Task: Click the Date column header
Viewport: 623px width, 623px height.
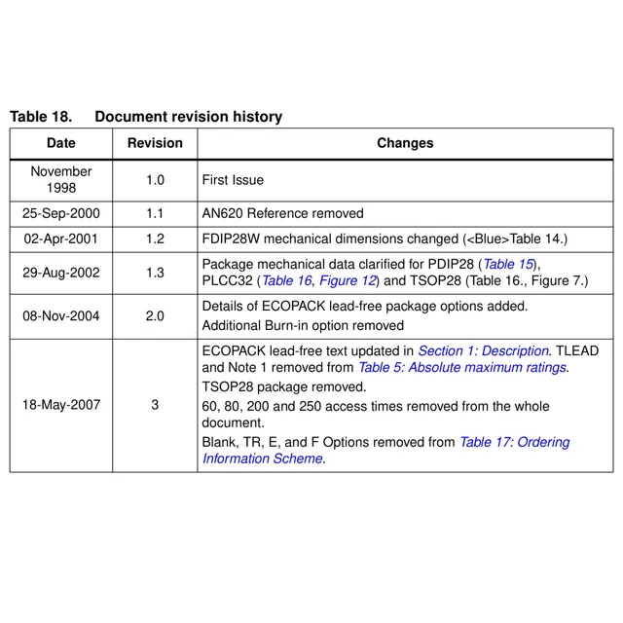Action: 60,143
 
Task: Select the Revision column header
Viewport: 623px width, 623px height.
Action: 155,143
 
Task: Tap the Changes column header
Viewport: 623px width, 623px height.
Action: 405,143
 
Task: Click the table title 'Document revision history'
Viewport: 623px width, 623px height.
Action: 188,117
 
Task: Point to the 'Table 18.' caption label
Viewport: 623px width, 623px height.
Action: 41,117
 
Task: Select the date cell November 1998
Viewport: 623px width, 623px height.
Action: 60,180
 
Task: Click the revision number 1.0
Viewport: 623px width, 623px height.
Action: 155,180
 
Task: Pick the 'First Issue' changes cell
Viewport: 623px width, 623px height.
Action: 233,180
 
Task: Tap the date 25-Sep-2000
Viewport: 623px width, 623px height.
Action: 60,213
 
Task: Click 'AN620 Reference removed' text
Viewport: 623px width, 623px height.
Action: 282,213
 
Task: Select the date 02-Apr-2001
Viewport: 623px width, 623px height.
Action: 60,238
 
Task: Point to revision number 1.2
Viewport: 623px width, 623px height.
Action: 155,238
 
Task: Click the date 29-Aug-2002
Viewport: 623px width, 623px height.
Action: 60,273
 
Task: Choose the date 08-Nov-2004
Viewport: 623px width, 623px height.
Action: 60,316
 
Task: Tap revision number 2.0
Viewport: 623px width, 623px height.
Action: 155,316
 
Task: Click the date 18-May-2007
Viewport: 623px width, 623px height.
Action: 60,405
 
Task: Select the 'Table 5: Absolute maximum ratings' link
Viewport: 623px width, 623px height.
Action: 461,367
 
